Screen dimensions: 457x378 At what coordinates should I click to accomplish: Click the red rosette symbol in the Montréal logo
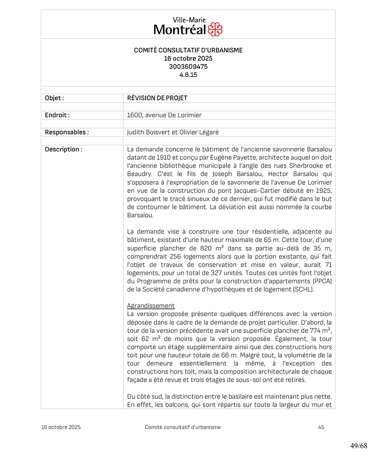coord(215,29)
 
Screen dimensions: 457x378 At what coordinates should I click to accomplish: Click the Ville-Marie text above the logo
coord(189,20)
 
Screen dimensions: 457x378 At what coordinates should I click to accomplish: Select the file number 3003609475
coord(188,67)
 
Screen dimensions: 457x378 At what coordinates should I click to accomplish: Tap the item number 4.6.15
coord(188,75)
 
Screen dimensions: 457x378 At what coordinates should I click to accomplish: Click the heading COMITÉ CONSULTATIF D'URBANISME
coord(188,50)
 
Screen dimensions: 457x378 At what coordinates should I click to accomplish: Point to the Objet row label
coord(55,98)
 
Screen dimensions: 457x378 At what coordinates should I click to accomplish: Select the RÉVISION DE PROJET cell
coord(157,98)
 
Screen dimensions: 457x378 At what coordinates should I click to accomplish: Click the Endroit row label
coord(57,115)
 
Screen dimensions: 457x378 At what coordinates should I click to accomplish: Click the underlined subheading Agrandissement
coord(151,306)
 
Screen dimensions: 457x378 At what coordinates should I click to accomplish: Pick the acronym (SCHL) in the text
coord(303,289)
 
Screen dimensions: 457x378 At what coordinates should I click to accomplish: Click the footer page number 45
coord(321,427)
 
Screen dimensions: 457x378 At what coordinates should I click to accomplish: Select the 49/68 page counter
coord(359,445)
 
